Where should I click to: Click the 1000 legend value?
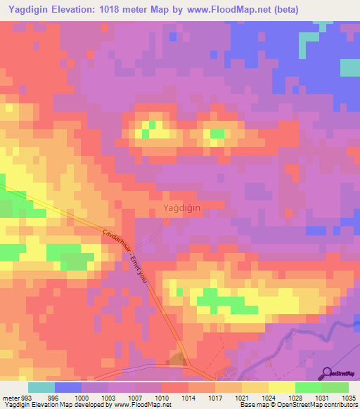coord(82,397)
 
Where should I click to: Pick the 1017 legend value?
coord(215,397)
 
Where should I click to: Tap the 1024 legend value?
coord(269,397)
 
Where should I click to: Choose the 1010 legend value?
coord(162,397)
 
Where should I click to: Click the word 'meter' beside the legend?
coord(11,397)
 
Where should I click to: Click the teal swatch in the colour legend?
coord(41,387)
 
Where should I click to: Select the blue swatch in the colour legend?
coord(68,387)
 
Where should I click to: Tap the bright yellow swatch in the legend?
coord(281,387)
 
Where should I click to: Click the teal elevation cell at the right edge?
coord(350,67)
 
